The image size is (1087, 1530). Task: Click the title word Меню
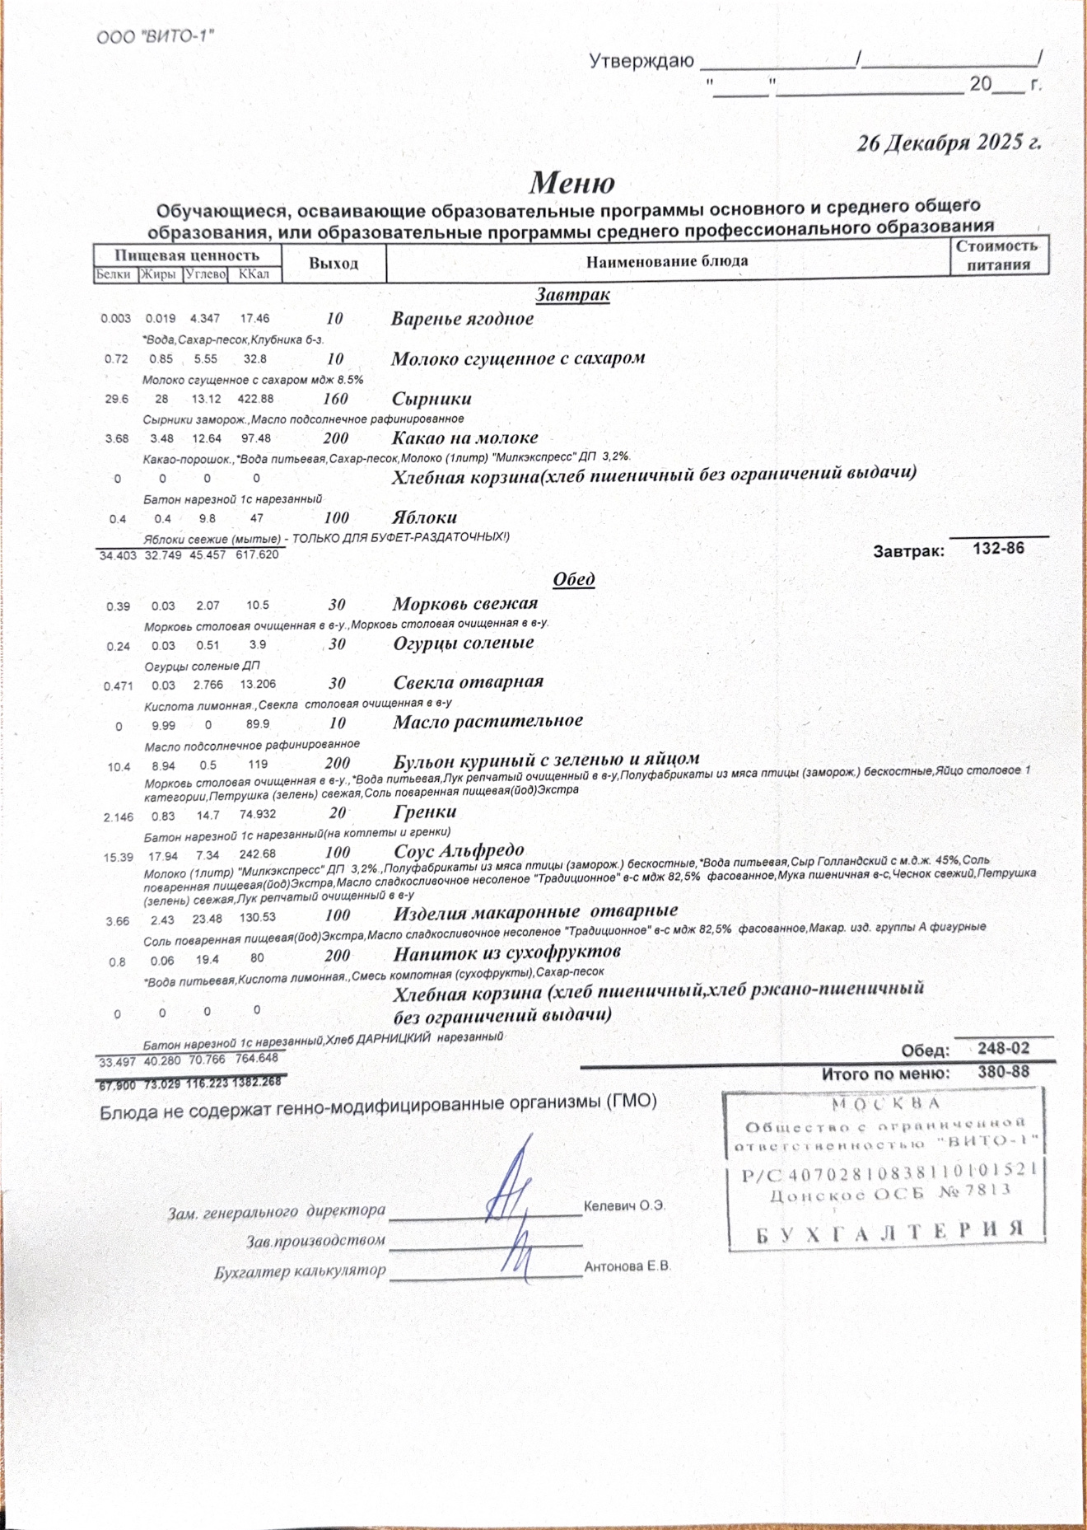[x=571, y=182]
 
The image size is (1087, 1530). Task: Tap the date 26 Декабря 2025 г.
[x=949, y=143]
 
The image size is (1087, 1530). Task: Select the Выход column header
[x=334, y=264]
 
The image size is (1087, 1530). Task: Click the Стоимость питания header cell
[x=998, y=255]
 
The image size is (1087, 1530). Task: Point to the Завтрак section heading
[x=572, y=294]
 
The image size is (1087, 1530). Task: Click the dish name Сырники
[x=432, y=399]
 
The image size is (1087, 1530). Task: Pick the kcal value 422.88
[x=255, y=399]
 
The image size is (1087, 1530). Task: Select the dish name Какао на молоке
[x=464, y=438]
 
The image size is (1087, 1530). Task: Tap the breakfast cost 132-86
[x=998, y=548]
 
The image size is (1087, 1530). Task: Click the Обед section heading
[x=574, y=579]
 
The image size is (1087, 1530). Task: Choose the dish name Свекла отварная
[x=468, y=682]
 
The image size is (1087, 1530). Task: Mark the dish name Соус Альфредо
[x=459, y=851]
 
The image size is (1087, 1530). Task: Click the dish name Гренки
[x=425, y=812]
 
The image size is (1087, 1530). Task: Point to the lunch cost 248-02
[x=1003, y=1048]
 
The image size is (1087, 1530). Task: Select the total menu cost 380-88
[x=1003, y=1072]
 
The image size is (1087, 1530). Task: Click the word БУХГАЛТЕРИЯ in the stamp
[x=889, y=1231]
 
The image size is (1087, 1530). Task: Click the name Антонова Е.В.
[x=627, y=1266]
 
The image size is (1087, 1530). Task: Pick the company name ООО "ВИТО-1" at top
[x=156, y=37]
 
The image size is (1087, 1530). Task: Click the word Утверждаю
[x=641, y=61]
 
